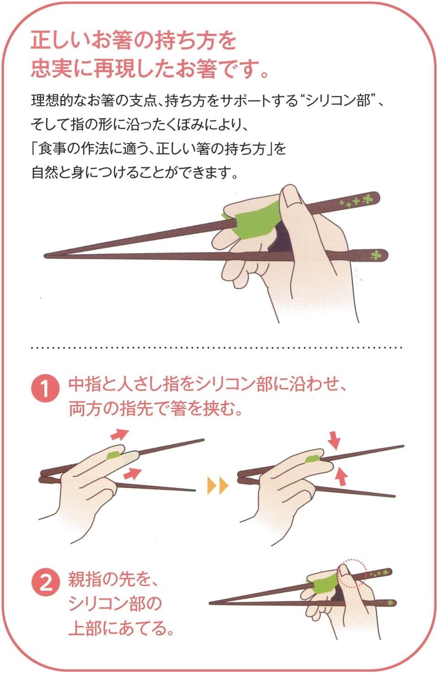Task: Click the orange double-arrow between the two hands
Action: point(218,485)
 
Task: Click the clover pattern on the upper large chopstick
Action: point(357,201)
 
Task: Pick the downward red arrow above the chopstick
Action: point(334,440)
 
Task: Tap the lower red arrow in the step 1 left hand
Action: point(132,473)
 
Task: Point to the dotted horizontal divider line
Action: point(217,348)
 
